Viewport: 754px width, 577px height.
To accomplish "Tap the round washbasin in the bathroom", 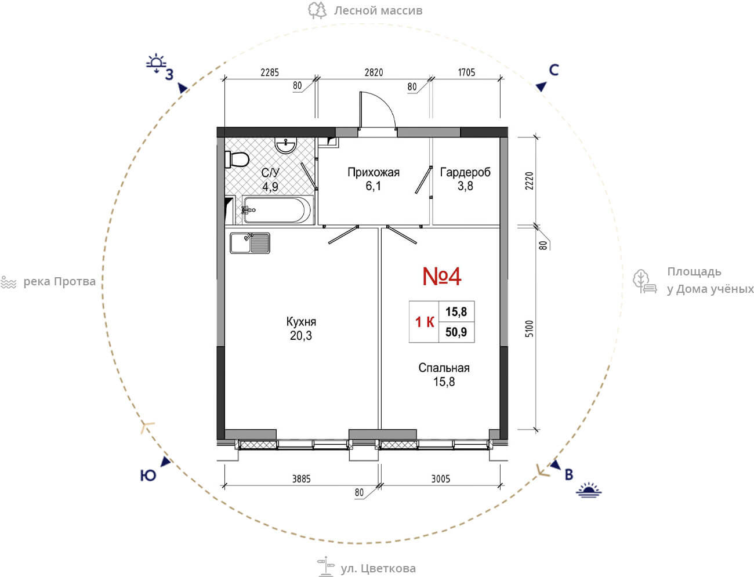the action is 286,145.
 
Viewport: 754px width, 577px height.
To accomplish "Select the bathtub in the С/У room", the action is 277,209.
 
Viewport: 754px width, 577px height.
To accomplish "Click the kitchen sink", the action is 250,243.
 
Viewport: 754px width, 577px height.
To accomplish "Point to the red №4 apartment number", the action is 442,277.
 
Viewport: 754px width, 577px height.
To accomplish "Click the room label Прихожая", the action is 374,172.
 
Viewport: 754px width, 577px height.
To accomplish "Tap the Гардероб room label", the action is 465,172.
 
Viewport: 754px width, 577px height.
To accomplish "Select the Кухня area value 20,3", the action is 301,336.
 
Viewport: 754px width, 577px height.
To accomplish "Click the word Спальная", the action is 444,368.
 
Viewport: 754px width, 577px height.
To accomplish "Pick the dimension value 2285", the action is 270,72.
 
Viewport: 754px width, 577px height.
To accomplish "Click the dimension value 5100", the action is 530,328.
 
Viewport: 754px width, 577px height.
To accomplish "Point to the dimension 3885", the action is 301,479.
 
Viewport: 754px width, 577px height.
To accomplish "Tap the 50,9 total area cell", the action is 456,332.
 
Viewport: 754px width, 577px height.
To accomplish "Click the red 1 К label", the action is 425,322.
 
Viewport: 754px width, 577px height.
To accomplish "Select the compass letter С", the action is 554,70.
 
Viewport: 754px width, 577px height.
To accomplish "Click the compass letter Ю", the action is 148,476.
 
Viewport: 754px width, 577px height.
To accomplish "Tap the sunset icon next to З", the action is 156,64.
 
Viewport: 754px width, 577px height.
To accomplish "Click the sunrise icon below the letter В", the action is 589,490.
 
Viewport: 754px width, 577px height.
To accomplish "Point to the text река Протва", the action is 59,282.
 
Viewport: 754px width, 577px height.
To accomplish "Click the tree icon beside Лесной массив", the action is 317,10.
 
